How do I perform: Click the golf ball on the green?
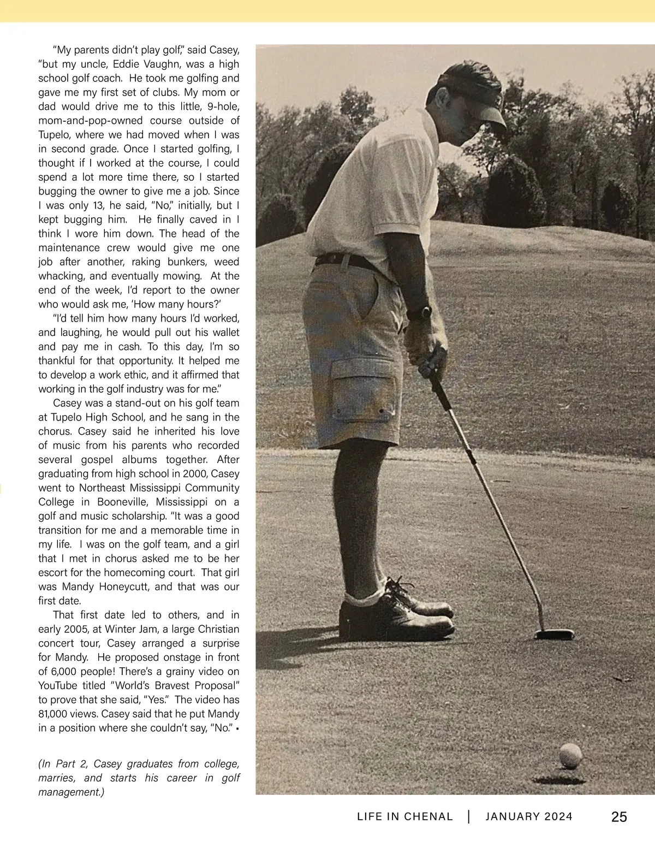click(x=570, y=756)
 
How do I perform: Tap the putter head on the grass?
click(x=555, y=635)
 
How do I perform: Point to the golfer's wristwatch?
click(x=419, y=313)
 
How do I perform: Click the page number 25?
click(x=619, y=817)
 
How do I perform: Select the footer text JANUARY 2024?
click(x=529, y=817)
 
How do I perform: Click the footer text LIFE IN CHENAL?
click(x=405, y=817)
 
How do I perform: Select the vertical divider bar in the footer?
click(x=469, y=817)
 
